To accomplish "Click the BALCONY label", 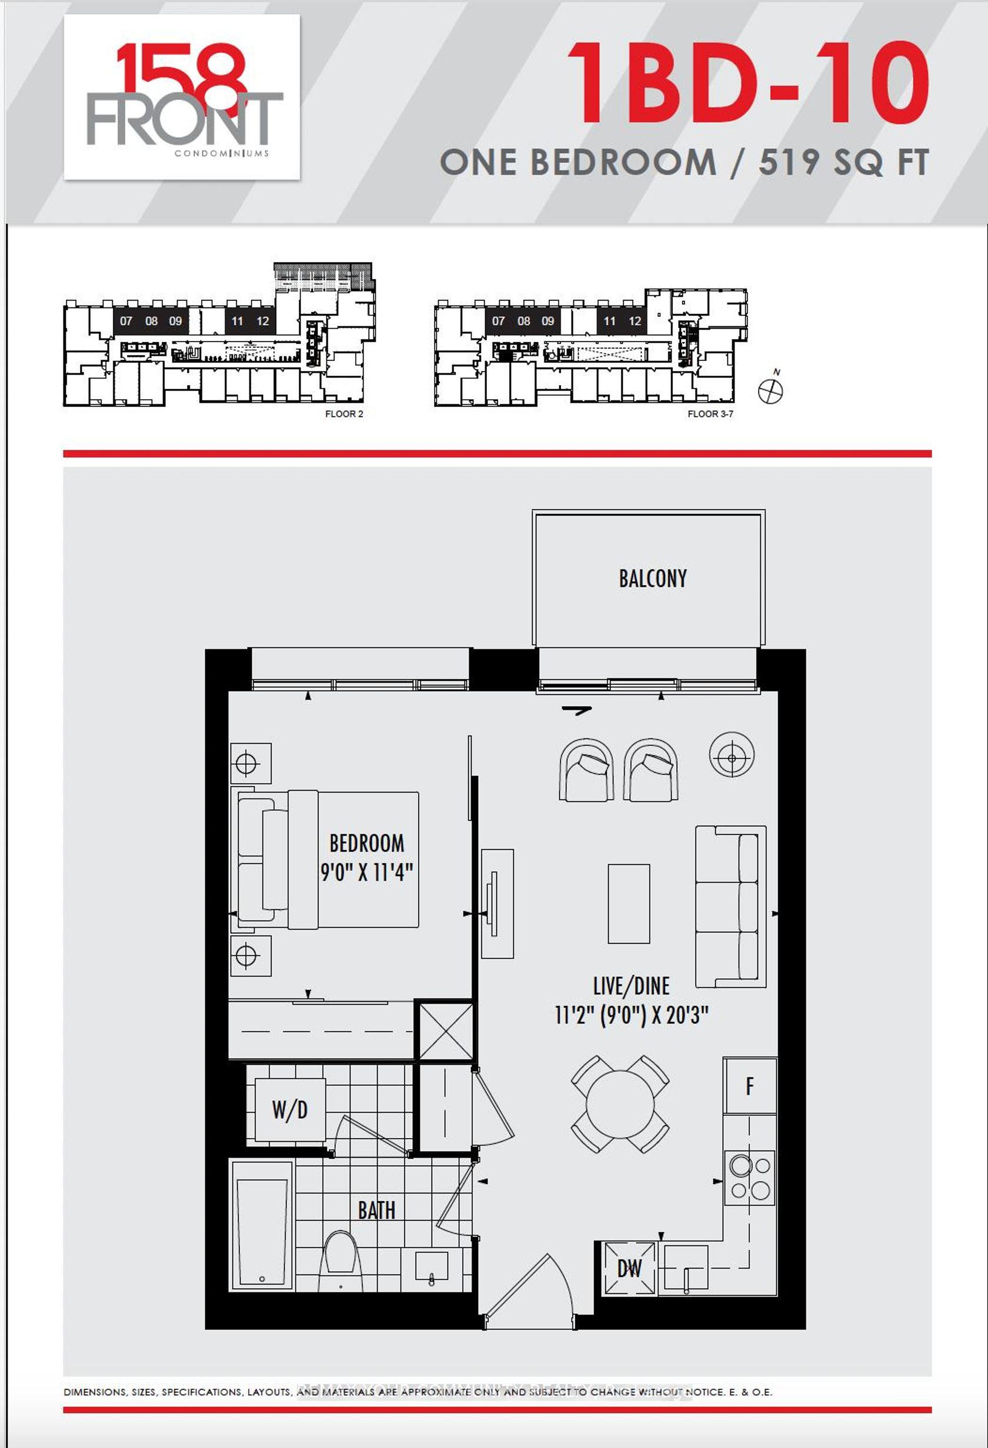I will click(x=653, y=579).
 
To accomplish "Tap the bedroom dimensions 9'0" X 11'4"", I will click(x=366, y=872).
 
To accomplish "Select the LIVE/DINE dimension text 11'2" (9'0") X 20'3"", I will click(x=632, y=1015).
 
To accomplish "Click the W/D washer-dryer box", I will click(x=290, y=1110).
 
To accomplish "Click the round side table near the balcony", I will click(x=732, y=754).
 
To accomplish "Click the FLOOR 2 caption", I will click(x=344, y=414).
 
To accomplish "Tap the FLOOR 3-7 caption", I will click(x=710, y=414).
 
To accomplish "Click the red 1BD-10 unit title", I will click(x=748, y=84).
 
